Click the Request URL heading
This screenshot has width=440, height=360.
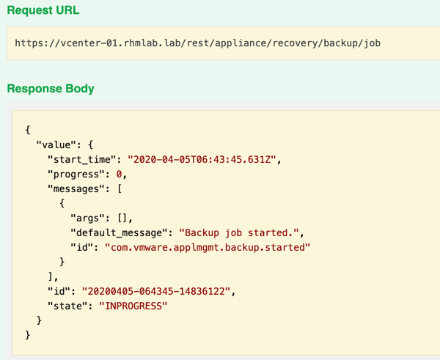(43, 10)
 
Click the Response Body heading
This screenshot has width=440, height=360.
(51, 89)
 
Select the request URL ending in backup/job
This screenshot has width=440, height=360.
(197, 43)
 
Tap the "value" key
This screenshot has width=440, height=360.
(56, 144)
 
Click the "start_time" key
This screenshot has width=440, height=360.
(81, 160)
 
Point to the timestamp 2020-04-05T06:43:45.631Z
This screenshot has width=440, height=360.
(202, 159)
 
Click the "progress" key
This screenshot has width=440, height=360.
(76, 175)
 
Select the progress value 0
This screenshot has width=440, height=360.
(119, 175)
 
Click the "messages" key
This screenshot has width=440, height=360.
(76, 189)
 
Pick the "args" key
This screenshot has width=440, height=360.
(84, 218)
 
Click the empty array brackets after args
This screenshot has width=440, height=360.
(122, 218)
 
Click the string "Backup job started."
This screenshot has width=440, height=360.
(239, 232)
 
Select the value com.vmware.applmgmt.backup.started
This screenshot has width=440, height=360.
(208, 248)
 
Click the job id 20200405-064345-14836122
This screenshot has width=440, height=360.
(156, 291)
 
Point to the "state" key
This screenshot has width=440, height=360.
(67, 306)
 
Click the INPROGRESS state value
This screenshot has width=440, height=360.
(133, 306)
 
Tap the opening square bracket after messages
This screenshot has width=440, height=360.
(120, 189)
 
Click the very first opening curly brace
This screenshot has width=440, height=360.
(28, 131)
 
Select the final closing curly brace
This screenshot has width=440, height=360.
(28, 335)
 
